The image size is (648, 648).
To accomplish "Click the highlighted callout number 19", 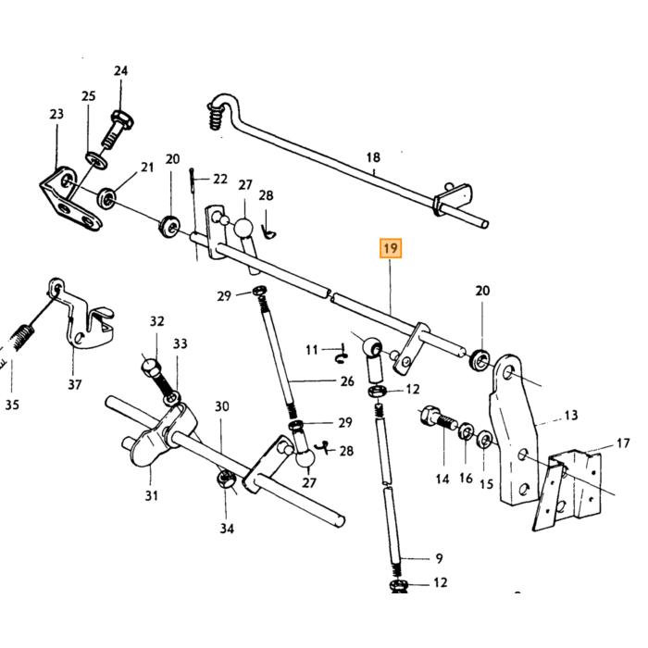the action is coord(391,248).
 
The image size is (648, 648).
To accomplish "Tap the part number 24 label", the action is coord(120,70).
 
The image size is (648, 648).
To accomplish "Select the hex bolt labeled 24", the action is coord(117,130).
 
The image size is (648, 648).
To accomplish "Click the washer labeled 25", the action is coord(96,160).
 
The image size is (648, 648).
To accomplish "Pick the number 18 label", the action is coord(373,157).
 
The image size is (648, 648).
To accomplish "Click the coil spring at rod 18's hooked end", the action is coord(216,115).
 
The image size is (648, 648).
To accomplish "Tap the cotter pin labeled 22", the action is coord(193,181).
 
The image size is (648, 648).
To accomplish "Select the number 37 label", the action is coord(74,384).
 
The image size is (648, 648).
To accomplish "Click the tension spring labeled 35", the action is coord(19,337).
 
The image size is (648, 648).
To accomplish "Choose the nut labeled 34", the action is coord(226,480).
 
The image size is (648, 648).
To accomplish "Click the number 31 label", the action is coord(151,495).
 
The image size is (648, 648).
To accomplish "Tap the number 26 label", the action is coord(347,381).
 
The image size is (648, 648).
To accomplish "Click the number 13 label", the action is coord(571,415).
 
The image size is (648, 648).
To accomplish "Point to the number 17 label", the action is coord(623,443).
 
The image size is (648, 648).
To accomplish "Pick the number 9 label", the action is coord(439,558).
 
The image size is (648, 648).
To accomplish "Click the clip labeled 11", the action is coord(342,354).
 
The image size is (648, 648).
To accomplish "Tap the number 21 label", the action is coord(147,167).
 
